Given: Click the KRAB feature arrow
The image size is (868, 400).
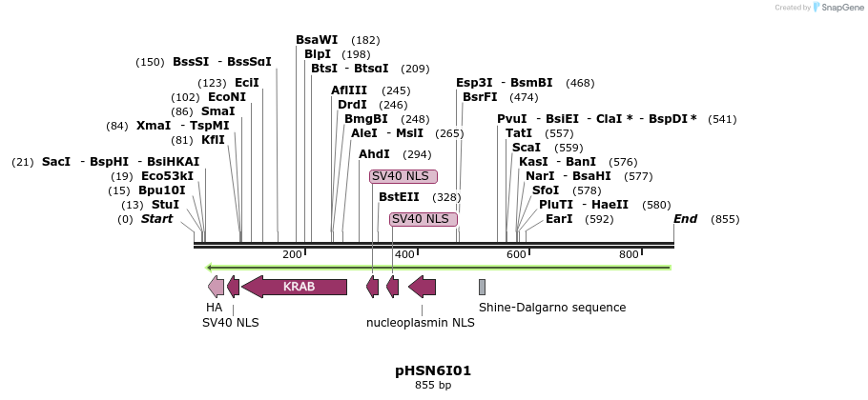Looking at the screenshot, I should [294, 287].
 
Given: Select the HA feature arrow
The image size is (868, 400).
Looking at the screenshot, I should [216, 287].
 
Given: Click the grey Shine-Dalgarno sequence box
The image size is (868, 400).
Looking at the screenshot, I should [482, 287].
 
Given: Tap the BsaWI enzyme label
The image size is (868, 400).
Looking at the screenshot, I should [317, 40].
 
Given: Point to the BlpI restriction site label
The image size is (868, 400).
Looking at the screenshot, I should [317, 54].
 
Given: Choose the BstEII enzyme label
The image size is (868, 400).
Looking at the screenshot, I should [399, 197].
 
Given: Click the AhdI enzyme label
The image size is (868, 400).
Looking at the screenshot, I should [374, 154].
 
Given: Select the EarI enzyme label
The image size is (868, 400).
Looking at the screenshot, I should [559, 219].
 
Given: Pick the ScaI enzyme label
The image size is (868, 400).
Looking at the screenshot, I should [527, 148].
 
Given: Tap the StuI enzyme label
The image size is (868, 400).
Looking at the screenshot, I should [165, 205].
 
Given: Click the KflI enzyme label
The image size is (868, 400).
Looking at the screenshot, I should [213, 140].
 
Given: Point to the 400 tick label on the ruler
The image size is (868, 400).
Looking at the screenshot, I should [404, 254].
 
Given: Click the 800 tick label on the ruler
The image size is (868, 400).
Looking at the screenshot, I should [629, 254].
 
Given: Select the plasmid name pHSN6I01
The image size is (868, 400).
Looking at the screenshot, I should [433, 370].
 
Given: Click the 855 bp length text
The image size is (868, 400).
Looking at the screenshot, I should [433, 385].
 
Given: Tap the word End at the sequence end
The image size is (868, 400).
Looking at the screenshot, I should [685, 219].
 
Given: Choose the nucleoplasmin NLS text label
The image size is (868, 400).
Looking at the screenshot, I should [420, 323].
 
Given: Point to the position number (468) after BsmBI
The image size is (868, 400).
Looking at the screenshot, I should [580, 83].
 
